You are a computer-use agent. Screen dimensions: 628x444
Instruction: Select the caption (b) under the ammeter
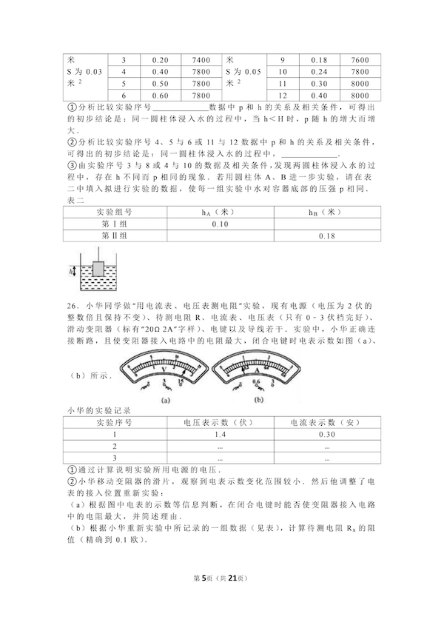pyautogui.click(x=258, y=401)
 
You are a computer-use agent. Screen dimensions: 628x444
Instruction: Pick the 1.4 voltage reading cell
pyautogui.click(x=220, y=433)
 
